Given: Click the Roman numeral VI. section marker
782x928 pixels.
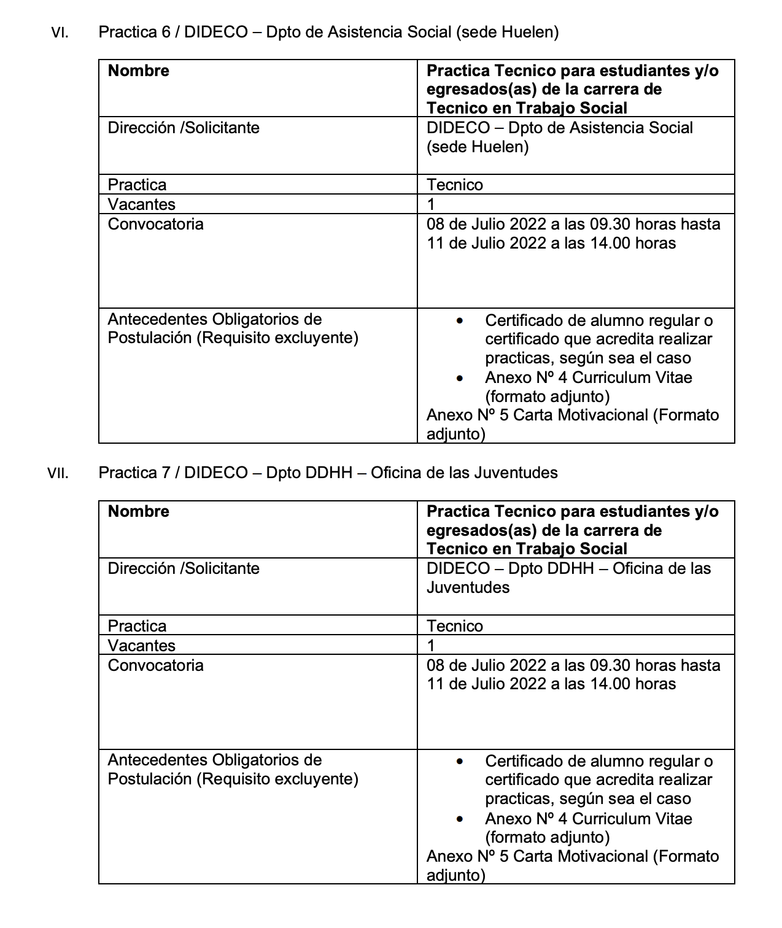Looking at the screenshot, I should point(60,33).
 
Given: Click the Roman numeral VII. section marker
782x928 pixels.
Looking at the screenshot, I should point(58,474).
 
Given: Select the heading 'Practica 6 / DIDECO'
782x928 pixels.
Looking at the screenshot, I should point(172,33).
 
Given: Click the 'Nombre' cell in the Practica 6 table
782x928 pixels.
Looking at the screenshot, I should point(139,71).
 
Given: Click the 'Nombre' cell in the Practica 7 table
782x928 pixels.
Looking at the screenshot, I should point(139,512).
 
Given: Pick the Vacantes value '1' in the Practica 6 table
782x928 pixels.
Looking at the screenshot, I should point(431,204).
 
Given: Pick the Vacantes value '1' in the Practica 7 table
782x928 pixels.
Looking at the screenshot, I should point(431,646).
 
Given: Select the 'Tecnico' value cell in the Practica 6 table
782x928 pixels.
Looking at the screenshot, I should point(455,185).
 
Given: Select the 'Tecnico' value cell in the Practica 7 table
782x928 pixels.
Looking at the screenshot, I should point(455,626).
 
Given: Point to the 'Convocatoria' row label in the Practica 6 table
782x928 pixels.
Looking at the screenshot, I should point(155,224).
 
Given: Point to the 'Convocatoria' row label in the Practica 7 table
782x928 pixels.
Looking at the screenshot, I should point(155,665).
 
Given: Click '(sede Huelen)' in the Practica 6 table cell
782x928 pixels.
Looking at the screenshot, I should point(478,147).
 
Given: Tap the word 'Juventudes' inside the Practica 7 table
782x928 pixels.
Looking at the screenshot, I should point(468,588).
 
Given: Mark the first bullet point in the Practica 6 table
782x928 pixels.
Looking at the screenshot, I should point(460,321).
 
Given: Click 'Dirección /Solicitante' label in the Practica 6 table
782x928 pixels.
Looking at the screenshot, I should point(184,128).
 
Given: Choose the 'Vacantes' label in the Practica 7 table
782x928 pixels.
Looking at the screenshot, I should point(142,646).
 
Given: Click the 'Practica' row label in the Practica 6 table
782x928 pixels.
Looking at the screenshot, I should point(137,185).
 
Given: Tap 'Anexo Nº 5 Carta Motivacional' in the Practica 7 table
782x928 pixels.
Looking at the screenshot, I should point(537,857).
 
